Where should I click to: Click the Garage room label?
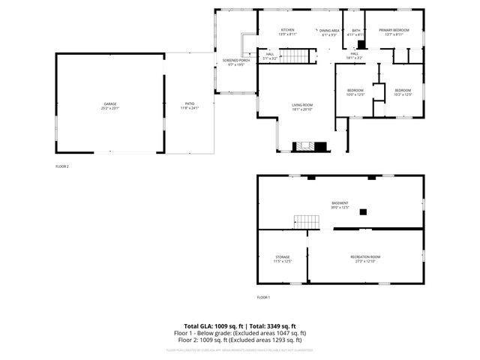point(110,103)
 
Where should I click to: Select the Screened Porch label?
point(235,60)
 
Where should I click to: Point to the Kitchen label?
point(267,30)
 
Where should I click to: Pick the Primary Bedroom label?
point(394,30)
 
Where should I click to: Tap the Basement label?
point(340,202)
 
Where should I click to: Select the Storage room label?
point(282,257)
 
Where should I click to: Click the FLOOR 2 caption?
point(62,166)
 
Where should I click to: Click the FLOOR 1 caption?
point(263,298)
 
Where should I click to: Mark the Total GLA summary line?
point(240,326)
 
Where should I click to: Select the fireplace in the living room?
point(306,145)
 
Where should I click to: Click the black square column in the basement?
point(363,212)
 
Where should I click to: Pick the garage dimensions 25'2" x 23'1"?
point(110,109)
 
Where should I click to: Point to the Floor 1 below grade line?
point(240,333)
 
